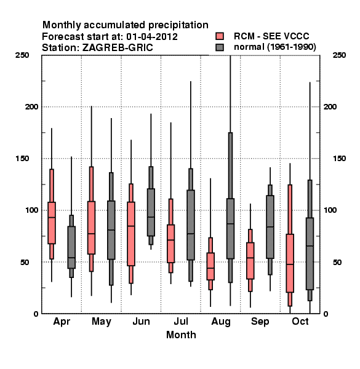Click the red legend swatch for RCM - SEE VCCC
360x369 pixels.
[x=220, y=36]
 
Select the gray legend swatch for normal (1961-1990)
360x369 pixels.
[x=220, y=47]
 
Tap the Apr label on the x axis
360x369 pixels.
[x=62, y=322]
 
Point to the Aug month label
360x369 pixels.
[x=221, y=322]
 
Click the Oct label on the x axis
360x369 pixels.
[x=300, y=321]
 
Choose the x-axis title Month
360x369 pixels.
[x=181, y=335]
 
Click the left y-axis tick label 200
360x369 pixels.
[x=32, y=106]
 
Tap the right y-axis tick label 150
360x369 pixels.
[x=339, y=159]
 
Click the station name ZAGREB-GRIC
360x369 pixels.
[x=118, y=48]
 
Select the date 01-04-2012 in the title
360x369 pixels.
[x=152, y=37]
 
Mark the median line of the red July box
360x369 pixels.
[x=170, y=240]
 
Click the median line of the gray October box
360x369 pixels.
[x=310, y=246]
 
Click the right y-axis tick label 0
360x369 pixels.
[x=326, y=314]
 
